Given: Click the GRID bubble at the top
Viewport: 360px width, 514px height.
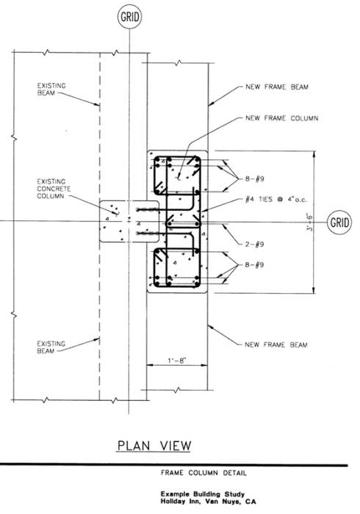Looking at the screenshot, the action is click(129, 17).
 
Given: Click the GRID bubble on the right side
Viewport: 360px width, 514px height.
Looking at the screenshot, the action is click(339, 222).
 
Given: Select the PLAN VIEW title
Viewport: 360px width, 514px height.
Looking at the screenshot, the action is click(154, 446).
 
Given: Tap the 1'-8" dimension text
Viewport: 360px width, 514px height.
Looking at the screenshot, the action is click(177, 361).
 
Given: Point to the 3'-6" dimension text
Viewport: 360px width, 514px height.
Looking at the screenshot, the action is click(309, 222).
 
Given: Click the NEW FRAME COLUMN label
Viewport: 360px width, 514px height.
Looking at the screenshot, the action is click(281, 118).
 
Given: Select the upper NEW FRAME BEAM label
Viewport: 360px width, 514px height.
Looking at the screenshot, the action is click(277, 87).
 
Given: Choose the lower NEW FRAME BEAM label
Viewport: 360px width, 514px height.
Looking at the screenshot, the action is click(276, 344).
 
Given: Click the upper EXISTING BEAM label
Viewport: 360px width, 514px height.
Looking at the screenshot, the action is click(51, 89).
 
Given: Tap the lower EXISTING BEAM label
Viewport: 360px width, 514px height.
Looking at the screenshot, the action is click(51, 347).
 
